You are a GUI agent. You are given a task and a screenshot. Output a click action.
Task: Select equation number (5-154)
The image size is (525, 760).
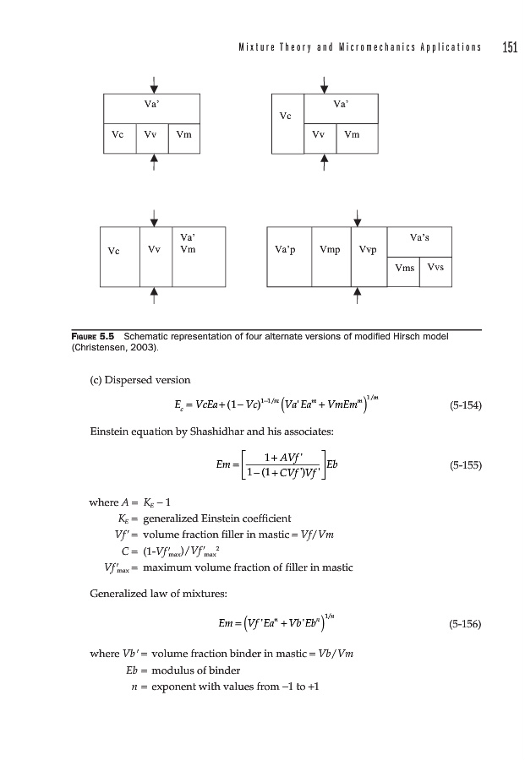(464, 404)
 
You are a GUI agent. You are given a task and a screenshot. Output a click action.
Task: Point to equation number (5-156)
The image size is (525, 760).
(464, 625)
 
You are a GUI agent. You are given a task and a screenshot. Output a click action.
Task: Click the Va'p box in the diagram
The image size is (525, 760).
(288, 251)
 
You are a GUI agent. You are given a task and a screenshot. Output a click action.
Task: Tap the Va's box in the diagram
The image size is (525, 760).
(419, 239)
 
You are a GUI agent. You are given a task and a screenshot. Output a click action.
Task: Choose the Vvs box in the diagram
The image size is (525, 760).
(435, 268)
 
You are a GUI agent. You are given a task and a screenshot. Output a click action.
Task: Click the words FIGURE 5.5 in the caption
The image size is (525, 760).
(96, 337)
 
